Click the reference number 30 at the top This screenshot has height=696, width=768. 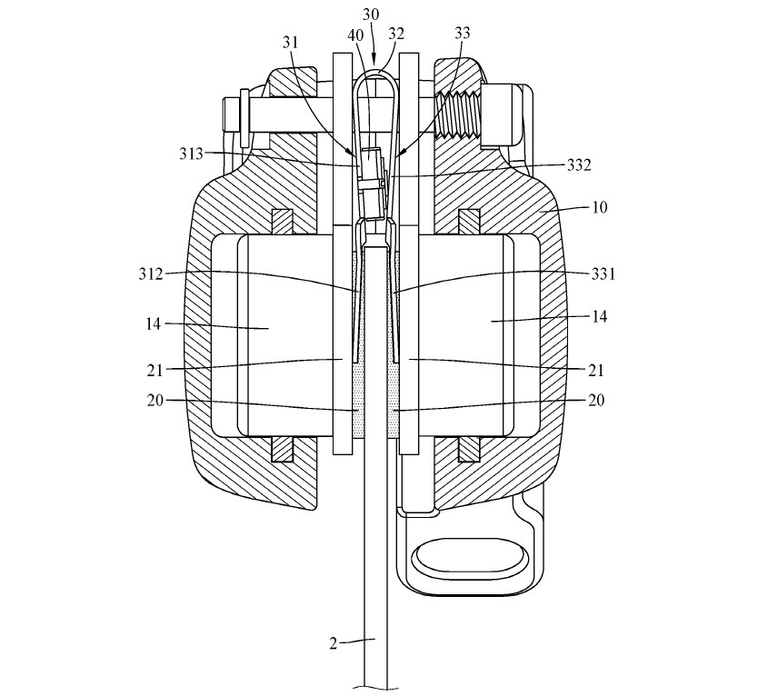coord(371,15)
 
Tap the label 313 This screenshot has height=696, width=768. coord(191,154)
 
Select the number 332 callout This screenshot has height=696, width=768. coord(579,165)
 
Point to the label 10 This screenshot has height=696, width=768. coord(600,207)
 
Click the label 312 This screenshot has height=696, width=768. coord(150,273)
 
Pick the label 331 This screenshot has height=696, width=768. coord(603,273)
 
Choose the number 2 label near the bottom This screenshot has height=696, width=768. coord(333,643)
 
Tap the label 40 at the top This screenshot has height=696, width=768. coord(355,35)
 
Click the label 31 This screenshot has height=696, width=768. coord(290,43)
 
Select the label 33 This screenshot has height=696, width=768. coord(462,33)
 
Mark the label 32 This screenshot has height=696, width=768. coord(396,34)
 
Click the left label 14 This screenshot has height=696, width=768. coord(154,323)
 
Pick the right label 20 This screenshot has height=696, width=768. coord(596,400)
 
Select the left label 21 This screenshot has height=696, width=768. coord(155,371)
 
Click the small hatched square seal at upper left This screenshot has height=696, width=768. coord(282,222)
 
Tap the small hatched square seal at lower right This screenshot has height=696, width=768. coord(469,449)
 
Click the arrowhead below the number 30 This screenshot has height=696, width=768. coord(374,60)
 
